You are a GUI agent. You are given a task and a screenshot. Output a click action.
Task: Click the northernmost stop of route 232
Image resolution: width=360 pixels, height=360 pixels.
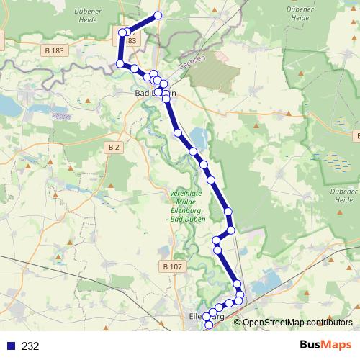158,15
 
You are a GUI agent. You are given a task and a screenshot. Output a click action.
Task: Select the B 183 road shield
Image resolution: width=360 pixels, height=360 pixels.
54,50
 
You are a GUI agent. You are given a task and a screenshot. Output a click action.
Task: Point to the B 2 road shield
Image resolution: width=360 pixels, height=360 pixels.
114,147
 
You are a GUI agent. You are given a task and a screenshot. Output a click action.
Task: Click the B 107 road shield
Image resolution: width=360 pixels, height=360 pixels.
173,266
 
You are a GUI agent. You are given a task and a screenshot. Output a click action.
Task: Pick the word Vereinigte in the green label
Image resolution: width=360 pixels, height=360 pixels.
189,194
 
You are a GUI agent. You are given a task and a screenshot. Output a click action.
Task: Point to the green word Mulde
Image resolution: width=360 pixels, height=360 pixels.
188,202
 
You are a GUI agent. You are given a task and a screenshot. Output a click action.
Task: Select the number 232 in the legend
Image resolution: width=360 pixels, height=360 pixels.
30,346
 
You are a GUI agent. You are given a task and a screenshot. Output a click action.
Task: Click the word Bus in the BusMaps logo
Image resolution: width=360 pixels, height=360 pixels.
312,346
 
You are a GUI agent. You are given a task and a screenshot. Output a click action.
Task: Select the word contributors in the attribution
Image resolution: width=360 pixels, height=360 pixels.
332,323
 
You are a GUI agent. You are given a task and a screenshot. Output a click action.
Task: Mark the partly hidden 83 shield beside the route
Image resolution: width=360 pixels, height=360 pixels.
132,41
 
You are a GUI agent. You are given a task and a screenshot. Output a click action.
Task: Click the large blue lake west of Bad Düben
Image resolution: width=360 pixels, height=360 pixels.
9,107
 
